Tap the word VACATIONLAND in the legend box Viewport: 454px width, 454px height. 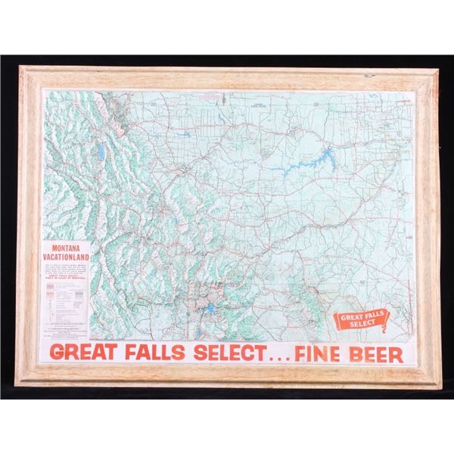(x=67, y=256)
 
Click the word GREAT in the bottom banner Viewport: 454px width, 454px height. (x=83, y=353)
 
